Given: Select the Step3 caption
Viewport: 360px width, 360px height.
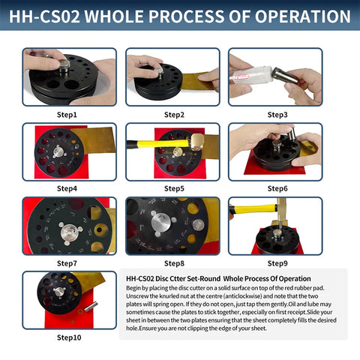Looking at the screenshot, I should [x=275, y=115].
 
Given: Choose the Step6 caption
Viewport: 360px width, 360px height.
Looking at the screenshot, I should [x=275, y=190].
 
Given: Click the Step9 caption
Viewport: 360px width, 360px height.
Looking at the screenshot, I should [x=275, y=264].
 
